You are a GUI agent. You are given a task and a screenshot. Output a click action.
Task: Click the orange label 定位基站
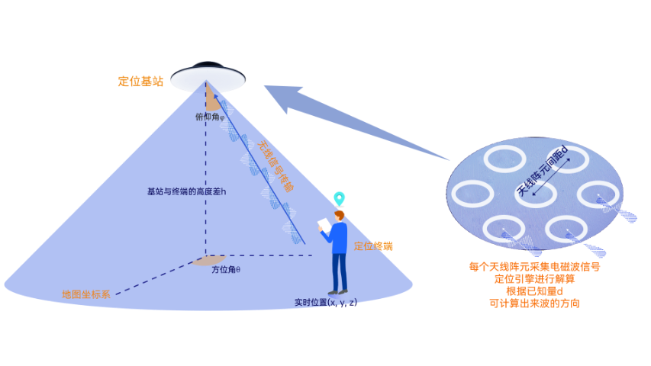[x=140, y=81]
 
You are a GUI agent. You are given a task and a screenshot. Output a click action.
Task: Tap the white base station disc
[x=208, y=78]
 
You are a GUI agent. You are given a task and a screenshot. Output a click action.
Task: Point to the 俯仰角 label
[x=210, y=117]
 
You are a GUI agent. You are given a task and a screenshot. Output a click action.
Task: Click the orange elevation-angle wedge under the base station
[x=211, y=100]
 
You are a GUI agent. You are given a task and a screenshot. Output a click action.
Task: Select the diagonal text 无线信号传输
[x=276, y=165]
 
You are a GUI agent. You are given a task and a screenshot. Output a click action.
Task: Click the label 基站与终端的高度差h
[x=186, y=191]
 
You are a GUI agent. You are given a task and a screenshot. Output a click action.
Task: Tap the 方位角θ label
[x=226, y=269]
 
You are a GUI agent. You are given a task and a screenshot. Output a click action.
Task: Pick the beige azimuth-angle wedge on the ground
[x=208, y=260]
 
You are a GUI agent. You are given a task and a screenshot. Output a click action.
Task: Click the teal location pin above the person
[x=340, y=198]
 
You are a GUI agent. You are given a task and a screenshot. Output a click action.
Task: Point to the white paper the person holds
[x=324, y=225]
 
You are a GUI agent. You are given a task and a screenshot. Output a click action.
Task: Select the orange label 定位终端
[x=373, y=246]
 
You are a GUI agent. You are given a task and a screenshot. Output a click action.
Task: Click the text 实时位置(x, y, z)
[x=326, y=302]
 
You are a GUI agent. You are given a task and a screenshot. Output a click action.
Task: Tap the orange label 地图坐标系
[x=86, y=294]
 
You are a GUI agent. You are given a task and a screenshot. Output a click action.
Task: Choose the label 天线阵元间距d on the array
[x=543, y=171]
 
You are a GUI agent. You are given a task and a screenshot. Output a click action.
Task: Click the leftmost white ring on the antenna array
[x=472, y=194]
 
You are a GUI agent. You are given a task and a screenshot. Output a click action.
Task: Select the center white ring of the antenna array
[x=534, y=193]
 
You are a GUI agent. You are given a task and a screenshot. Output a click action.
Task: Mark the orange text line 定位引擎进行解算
[x=534, y=279]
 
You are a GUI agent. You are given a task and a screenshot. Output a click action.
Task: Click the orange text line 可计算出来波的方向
[x=534, y=303]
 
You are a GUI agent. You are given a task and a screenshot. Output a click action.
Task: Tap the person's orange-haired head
[x=340, y=216]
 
